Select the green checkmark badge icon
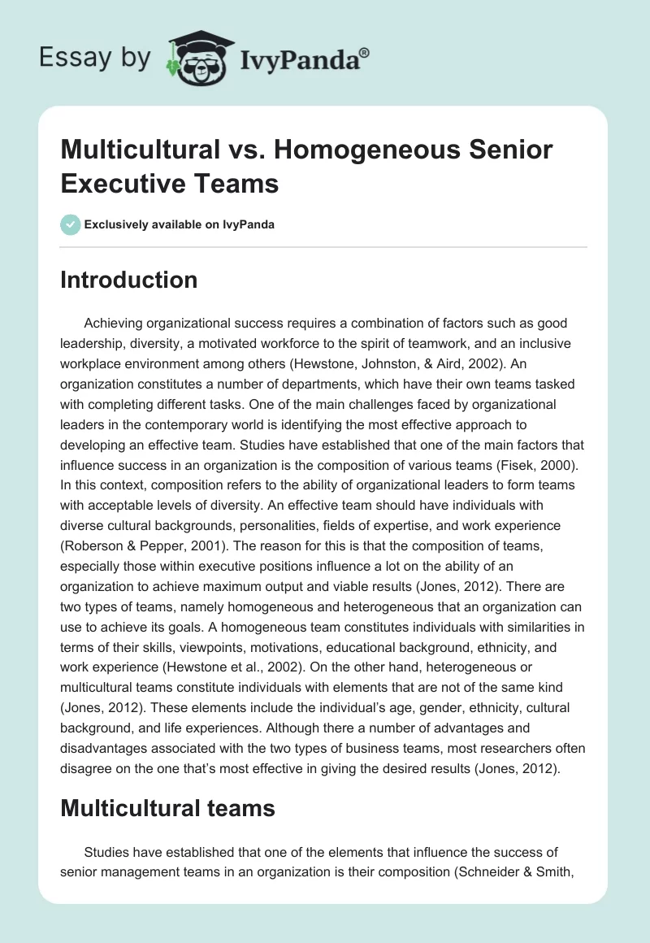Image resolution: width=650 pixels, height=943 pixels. point(71,224)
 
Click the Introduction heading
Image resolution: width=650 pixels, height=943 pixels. point(129,280)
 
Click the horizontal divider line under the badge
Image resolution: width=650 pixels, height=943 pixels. point(324,247)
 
